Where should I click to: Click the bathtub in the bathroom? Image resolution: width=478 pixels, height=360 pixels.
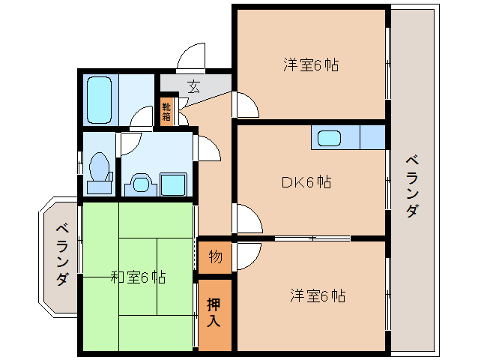click(100, 99)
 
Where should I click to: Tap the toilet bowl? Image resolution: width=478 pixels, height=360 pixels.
click(97, 166)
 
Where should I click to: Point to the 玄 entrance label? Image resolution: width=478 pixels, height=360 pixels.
click(193, 85)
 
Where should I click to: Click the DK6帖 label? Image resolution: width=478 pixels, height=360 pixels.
click(306, 181)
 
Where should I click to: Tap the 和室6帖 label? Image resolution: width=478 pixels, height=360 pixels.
click(138, 277)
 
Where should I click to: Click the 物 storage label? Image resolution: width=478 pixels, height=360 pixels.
click(214, 256)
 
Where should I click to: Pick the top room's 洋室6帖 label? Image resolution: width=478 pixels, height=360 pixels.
click(310, 65)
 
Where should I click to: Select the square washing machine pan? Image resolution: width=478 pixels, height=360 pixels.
click(174, 183)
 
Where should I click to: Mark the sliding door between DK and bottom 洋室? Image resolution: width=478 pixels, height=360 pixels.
click(312, 238)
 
